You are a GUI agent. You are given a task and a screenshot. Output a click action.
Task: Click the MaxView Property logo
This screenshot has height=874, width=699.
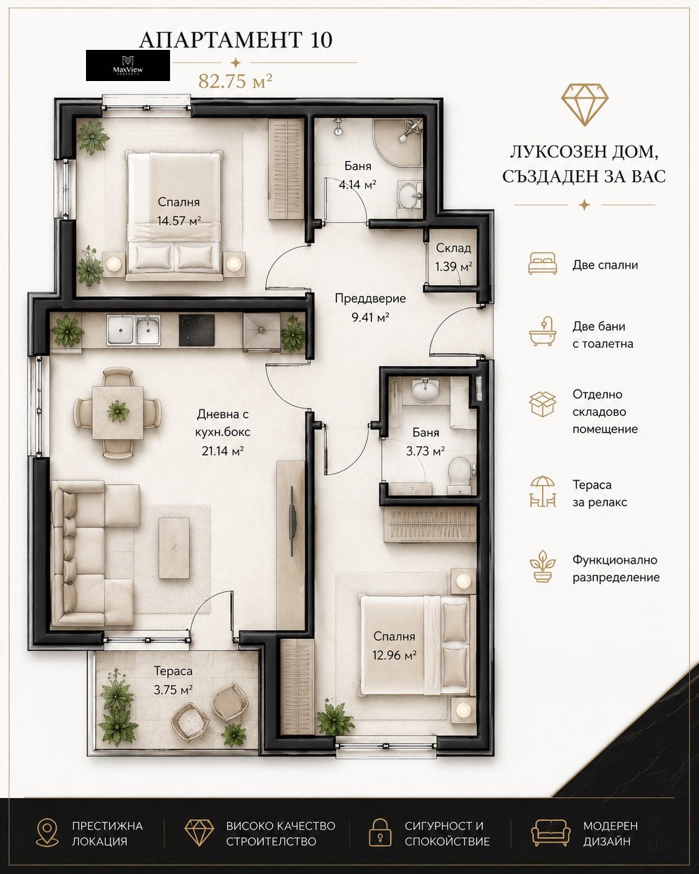click(128, 65)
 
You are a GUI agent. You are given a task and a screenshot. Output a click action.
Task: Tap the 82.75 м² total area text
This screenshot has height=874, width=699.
click(235, 81)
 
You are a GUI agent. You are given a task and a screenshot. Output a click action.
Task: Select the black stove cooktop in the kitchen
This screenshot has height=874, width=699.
click(197, 330)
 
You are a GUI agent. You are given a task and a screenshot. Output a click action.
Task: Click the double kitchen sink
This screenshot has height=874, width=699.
click(133, 330)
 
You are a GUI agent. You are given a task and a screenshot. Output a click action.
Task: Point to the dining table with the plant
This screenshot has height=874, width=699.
click(117, 412)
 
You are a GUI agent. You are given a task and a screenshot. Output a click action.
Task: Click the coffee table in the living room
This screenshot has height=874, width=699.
click(174, 548)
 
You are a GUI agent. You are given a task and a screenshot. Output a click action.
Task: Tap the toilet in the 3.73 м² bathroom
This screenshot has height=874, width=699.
click(461, 473)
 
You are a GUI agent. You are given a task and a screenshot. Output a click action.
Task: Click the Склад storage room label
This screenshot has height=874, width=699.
click(454, 248)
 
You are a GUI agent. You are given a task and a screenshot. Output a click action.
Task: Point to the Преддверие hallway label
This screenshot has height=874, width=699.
click(370, 299)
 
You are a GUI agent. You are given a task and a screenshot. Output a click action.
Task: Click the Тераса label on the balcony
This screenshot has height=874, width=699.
click(173, 671)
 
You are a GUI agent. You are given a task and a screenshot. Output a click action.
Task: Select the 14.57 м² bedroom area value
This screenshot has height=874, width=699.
click(179, 221)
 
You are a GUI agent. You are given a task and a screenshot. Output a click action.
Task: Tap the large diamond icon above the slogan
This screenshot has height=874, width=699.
click(584, 104)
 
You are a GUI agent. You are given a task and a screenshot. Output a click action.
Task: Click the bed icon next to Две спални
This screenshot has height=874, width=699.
click(542, 263)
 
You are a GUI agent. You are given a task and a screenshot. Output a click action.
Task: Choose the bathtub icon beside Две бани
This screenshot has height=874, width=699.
click(542, 332)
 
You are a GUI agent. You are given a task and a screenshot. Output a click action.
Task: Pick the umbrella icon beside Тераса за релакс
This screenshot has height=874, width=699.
click(542, 492)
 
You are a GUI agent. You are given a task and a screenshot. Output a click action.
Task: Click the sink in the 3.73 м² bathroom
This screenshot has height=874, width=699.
click(425, 390)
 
